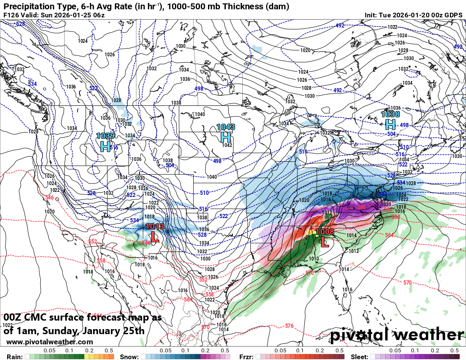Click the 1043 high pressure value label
[226, 127]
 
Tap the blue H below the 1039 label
[105, 147]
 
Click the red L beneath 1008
[325, 242]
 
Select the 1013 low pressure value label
[155, 227]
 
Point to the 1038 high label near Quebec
[390, 114]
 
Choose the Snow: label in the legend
[130, 357]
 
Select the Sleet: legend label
[359, 357]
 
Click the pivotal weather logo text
[397, 335]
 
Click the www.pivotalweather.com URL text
[50, 342]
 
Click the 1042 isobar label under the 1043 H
[227, 145]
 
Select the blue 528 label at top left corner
[20, 24]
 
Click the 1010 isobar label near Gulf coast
[314, 259]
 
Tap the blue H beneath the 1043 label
[226, 137]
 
